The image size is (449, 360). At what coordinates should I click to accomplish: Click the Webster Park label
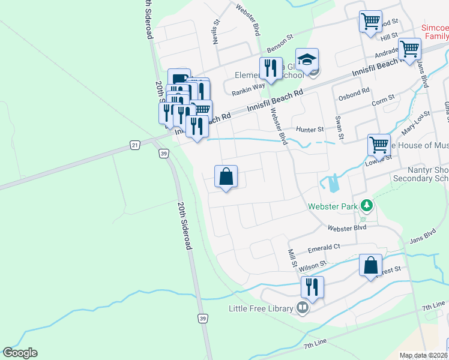click(332, 206)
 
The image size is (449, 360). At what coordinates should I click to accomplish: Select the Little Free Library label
click(261, 309)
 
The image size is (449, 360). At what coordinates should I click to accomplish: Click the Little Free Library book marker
click(303, 309)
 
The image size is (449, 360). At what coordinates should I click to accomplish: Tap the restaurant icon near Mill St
click(312, 287)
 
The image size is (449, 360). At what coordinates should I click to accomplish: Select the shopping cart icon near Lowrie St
click(379, 145)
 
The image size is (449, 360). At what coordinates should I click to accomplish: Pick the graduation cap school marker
click(307, 59)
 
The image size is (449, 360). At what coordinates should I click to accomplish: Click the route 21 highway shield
click(135, 145)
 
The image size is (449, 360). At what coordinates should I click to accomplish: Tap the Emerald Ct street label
click(324, 247)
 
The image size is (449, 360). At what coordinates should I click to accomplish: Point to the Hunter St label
click(310, 129)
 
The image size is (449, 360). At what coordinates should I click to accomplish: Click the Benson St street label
click(280, 41)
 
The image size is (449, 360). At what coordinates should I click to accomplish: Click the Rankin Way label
click(249, 86)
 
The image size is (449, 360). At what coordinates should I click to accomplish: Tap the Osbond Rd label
click(354, 94)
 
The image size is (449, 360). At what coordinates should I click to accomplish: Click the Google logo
click(20, 353)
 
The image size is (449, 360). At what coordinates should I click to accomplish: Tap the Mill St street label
click(293, 258)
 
